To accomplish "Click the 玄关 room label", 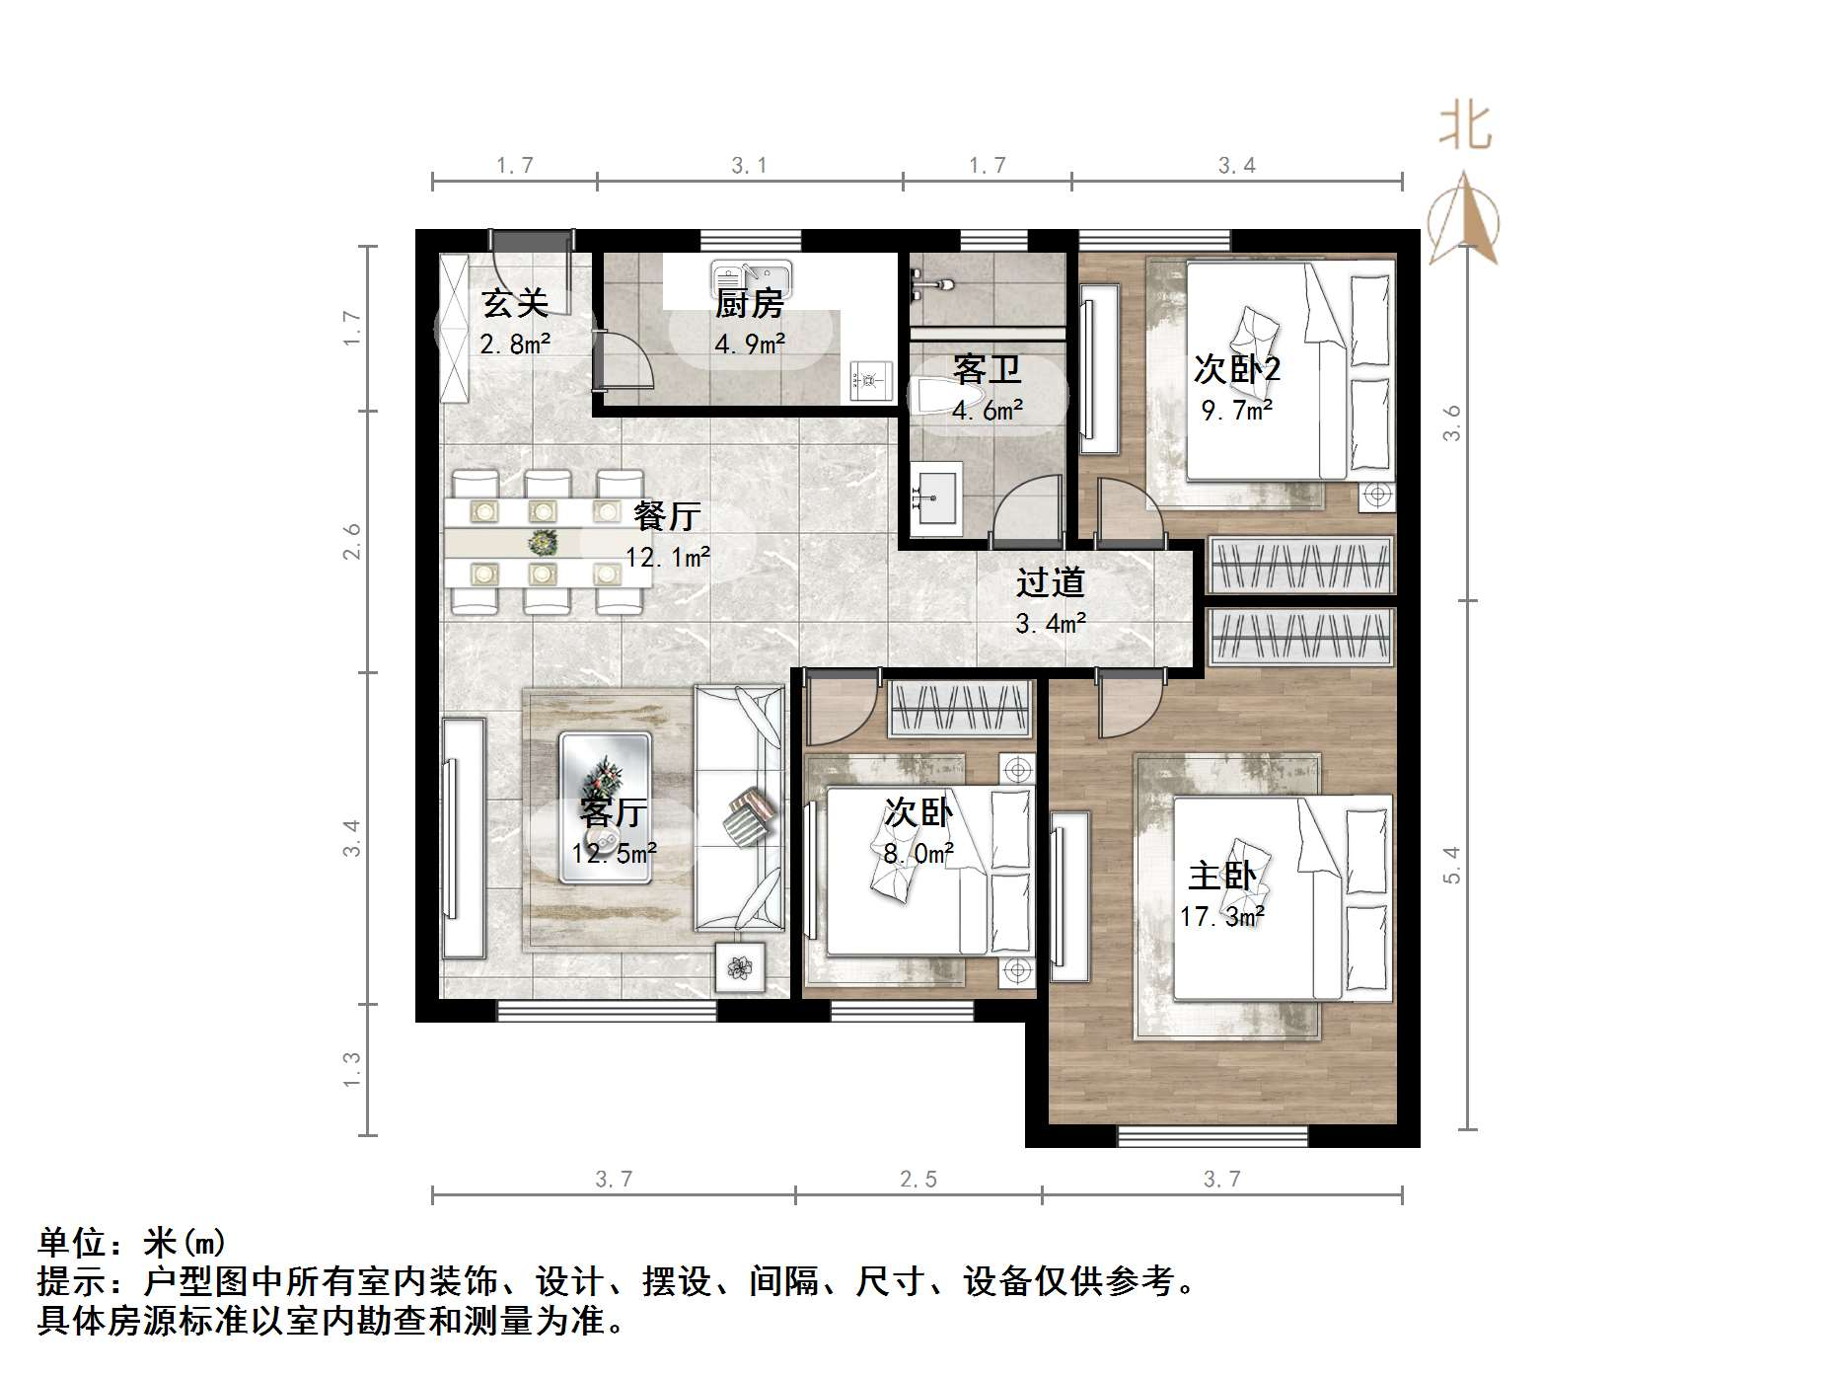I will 514,304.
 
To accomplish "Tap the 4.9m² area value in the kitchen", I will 749,344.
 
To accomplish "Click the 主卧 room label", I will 1221,876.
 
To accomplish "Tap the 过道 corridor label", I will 1050,582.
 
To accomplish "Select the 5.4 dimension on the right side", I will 1450,865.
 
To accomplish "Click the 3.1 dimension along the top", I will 749,166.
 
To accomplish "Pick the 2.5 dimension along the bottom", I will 917,1180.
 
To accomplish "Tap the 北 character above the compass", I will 1464,128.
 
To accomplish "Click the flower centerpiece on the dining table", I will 542,542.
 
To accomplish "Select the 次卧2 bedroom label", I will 1236,369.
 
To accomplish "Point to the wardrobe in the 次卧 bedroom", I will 959,709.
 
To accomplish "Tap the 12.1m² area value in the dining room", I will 667,558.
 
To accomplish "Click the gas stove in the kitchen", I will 868,379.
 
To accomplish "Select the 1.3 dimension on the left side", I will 352,1070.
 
